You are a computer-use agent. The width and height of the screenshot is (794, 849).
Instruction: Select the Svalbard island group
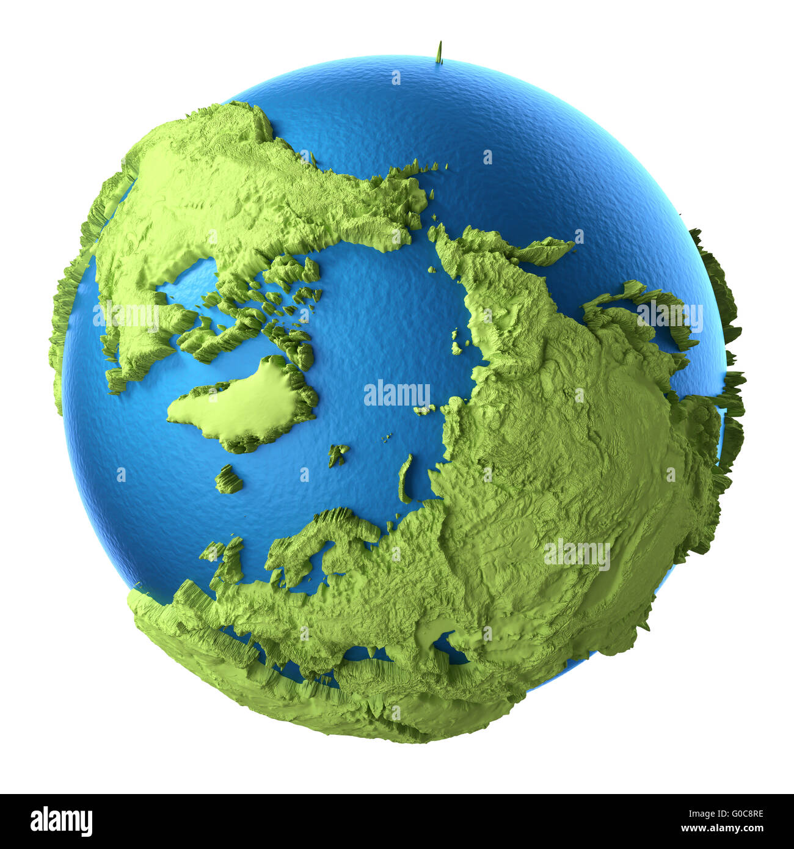[337, 454]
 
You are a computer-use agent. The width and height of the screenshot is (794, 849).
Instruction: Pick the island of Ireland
[211, 552]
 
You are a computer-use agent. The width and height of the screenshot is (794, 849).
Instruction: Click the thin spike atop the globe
[439, 53]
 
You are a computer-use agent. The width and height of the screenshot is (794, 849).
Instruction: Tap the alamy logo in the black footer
[61, 821]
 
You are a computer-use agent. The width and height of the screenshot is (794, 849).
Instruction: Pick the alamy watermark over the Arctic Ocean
[397, 394]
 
